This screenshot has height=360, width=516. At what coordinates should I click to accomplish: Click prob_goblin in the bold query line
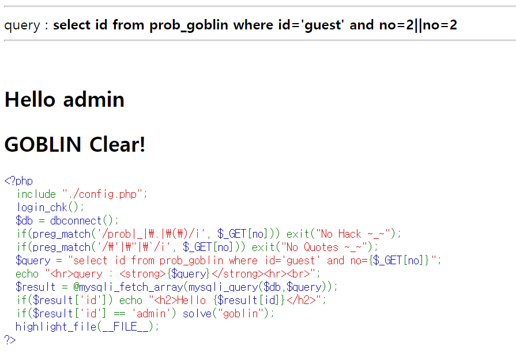[x=189, y=25]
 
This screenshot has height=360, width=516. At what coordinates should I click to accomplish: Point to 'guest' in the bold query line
[x=321, y=25]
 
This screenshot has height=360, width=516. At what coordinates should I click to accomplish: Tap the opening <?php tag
[x=18, y=181]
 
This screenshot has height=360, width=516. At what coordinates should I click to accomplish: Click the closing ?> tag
[x=10, y=340]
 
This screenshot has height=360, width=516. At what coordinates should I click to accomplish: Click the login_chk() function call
[x=50, y=208]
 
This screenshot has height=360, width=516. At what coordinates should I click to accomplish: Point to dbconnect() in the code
[x=84, y=221]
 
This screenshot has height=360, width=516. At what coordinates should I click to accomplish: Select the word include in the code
[x=36, y=194]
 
